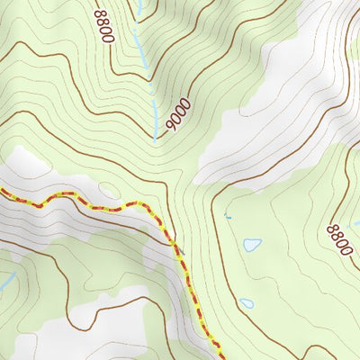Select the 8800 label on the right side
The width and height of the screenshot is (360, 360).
click(338, 239)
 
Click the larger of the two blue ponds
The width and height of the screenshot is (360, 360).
click(252, 244)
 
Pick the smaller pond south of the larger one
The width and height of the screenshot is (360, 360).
click(247, 303)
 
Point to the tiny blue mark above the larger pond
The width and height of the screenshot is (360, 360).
click(228, 218)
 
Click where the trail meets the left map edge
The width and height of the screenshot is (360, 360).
click(2, 190)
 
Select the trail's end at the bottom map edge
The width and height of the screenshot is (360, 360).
click(216, 357)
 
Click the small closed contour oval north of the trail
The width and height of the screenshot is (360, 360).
click(107, 189)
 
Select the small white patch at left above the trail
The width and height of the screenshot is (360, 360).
click(27, 162)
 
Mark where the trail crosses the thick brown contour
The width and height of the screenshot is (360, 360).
click(175, 241)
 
